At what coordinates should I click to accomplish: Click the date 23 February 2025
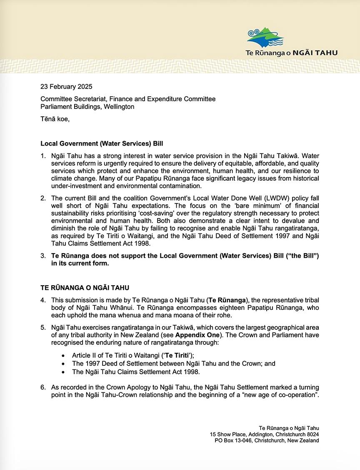[x=66, y=87]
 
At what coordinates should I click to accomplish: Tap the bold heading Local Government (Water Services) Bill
[x=101, y=143]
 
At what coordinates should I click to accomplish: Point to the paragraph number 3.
[x=43, y=255]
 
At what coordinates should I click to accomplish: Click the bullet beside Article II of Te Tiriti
[x=63, y=355]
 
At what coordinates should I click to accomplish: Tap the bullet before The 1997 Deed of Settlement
[x=63, y=364]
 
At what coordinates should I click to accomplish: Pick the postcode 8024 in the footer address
[x=312, y=434]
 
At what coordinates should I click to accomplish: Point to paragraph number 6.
[x=43, y=387]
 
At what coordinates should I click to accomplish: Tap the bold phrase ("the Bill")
[x=298, y=255]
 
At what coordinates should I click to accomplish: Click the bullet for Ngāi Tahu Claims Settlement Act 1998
[x=63, y=372]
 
